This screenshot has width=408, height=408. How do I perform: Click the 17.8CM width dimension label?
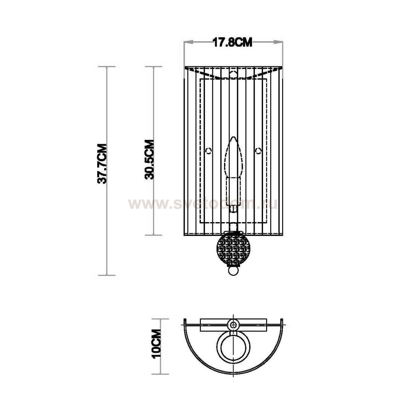point(232,42)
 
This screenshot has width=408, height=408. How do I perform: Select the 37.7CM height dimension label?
point(102,164)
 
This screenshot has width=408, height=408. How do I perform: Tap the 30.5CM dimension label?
point(149,159)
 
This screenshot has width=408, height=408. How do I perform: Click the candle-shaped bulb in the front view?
point(234,157)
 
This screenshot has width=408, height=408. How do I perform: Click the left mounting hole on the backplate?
point(209,151)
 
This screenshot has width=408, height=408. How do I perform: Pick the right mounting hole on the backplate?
point(259,151)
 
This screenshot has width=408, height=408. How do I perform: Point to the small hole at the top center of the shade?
point(234,73)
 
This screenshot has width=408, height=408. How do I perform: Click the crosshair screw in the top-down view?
point(234,325)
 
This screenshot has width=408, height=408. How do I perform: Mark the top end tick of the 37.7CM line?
point(106,67)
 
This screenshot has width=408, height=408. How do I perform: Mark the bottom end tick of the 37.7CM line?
point(106,275)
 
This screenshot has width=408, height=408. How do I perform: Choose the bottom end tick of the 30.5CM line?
point(154,235)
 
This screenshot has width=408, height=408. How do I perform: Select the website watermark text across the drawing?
point(203,204)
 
